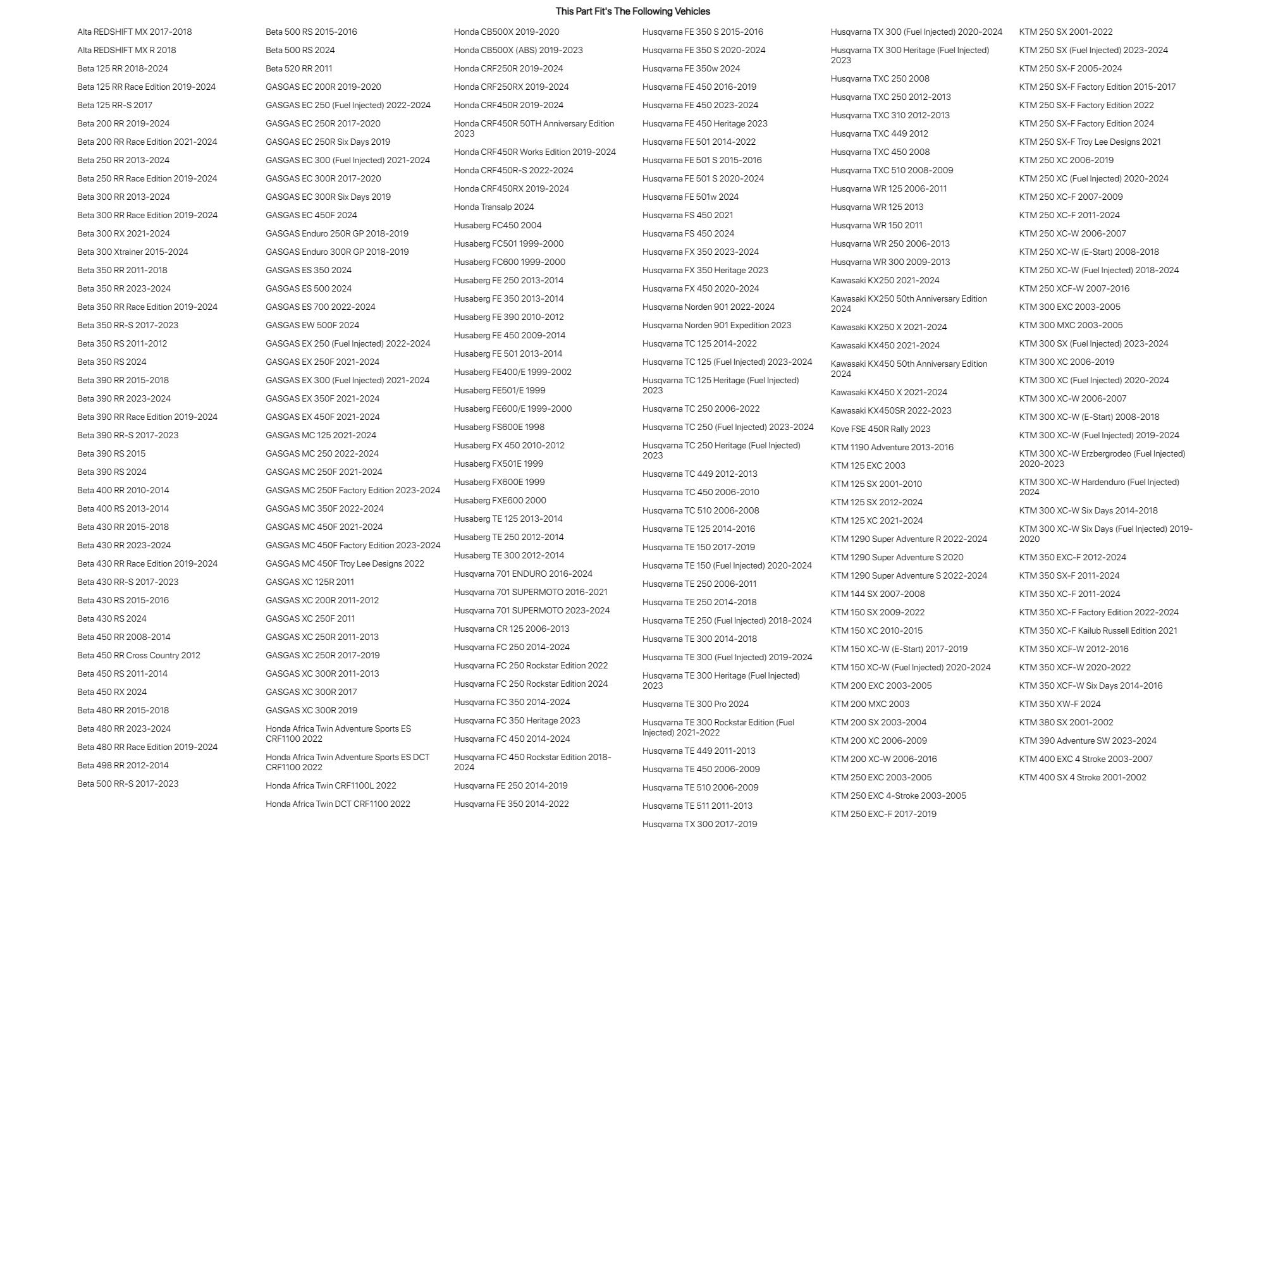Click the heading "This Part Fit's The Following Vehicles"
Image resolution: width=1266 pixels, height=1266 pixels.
(632, 11)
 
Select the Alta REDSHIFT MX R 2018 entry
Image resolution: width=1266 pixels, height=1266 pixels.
(126, 50)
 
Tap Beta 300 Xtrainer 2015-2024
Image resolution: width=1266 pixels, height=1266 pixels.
(132, 252)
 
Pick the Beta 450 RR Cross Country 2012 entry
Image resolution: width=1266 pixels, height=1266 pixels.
(139, 655)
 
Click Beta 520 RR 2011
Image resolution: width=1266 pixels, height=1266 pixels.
(299, 68)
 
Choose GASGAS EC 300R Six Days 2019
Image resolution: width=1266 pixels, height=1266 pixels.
(328, 197)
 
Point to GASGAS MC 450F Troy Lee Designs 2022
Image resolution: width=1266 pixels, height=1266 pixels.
(345, 563)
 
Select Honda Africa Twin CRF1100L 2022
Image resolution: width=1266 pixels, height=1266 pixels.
(331, 785)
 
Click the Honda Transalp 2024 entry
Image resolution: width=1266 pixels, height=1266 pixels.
(494, 207)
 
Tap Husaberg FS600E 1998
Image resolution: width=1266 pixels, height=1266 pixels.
(500, 427)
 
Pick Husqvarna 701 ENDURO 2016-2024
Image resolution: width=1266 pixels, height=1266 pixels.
(523, 574)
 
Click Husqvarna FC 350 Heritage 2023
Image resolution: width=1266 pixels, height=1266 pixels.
(517, 721)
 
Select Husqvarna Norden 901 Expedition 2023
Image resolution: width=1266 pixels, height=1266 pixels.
(717, 325)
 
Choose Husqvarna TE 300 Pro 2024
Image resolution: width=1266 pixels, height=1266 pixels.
(695, 704)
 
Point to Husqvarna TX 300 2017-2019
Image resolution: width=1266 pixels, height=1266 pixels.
(700, 825)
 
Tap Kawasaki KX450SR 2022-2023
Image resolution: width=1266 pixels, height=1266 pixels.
(891, 411)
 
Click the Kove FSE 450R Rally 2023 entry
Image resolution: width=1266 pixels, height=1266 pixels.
(881, 429)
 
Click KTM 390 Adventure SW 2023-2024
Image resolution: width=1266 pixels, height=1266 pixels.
(1088, 741)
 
